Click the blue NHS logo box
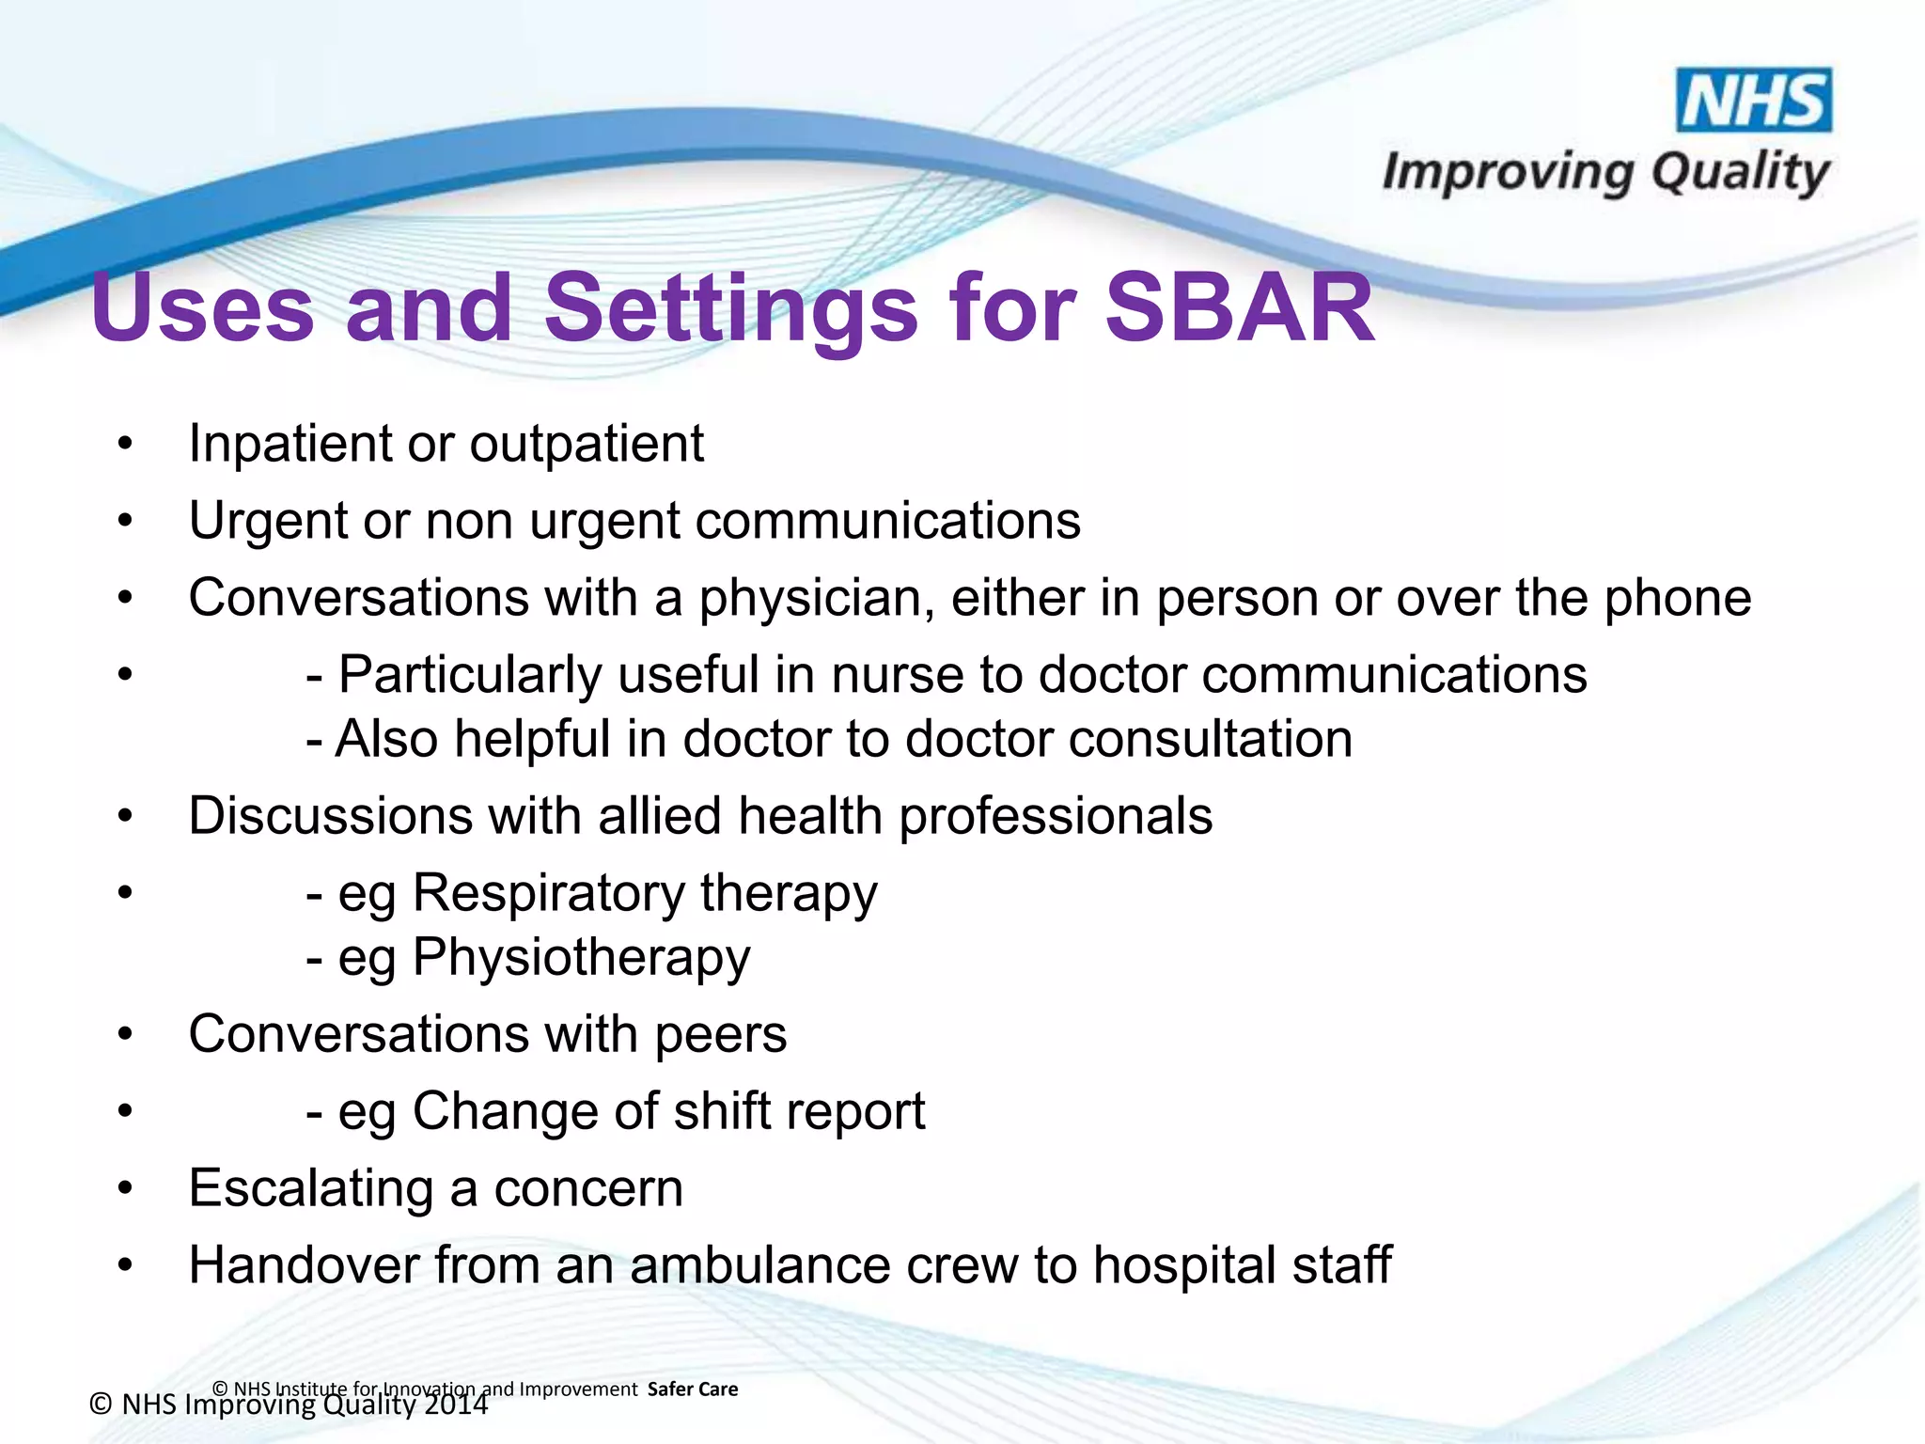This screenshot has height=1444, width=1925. (x=1754, y=100)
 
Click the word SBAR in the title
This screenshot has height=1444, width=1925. (x=1239, y=308)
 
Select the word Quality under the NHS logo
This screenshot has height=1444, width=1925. (x=1740, y=173)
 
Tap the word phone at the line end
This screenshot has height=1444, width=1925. (x=1677, y=598)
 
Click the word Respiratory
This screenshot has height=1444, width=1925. (x=549, y=892)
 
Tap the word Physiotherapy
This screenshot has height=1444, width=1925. (x=581, y=958)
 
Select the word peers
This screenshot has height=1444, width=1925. (x=721, y=1034)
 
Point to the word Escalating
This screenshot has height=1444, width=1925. (x=310, y=1188)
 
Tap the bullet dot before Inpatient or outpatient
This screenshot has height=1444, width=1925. (x=126, y=444)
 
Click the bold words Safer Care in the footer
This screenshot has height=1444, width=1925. (x=693, y=1389)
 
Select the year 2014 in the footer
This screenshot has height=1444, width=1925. (x=456, y=1405)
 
